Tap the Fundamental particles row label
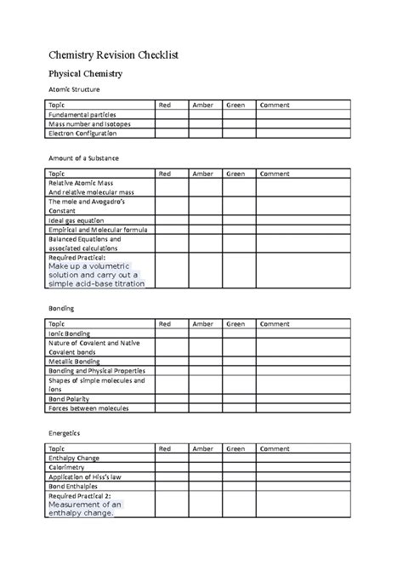click(82, 114)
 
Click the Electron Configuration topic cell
click(83, 134)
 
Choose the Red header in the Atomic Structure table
click(165, 105)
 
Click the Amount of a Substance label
click(84, 158)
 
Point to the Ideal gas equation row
click(77, 220)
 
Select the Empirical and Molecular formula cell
click(98, 230)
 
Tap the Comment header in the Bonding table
click(275, 324)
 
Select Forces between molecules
click(89, 408)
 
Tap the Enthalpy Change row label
click(75, 459)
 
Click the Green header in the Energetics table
click(236, 448)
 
